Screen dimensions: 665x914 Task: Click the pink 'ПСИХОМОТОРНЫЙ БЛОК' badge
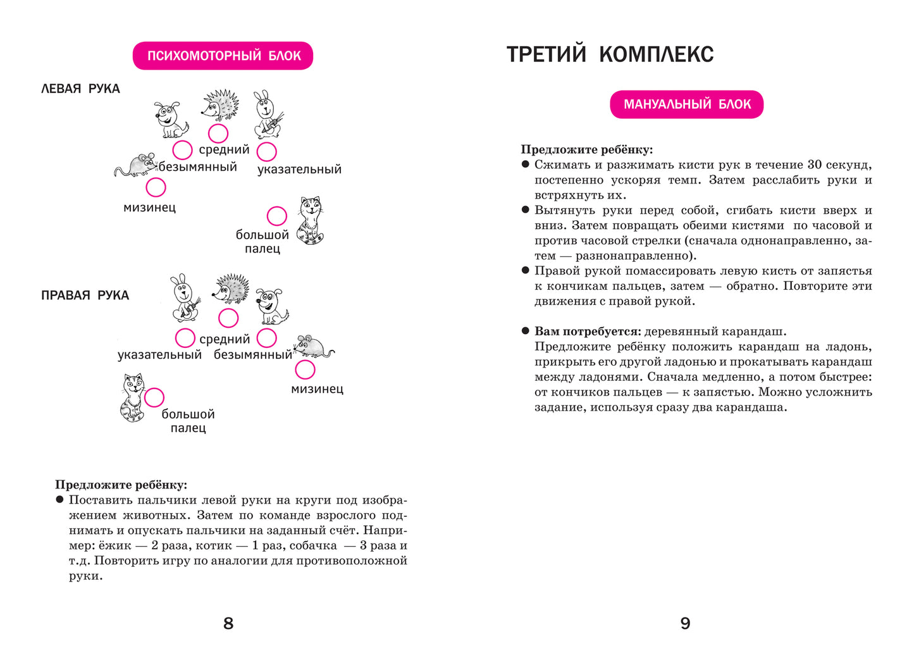tap(223, 56)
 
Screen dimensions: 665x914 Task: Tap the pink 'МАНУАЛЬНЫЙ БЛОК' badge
tap(686, 104)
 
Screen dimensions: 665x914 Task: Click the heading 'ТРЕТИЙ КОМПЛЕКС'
tap(610, 54)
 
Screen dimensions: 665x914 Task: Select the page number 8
tap(228, 623)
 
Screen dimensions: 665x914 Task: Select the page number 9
tap(685, 623)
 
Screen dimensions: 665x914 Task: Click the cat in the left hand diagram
tap(311, 220)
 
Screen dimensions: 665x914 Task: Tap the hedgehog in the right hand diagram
tap(230, 290)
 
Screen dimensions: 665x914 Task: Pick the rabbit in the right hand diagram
tap(184, 298)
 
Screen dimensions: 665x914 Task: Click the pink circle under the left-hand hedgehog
tap(218, 134)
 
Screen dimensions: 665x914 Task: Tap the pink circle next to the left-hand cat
tap(276, 216)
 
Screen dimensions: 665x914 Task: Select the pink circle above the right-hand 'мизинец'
tap(305, 370)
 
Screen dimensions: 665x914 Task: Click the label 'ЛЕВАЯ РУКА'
tap(80, 89)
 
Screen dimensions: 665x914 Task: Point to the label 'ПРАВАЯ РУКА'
tap(85, 295)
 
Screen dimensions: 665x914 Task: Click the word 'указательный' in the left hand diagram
tap(299, 169)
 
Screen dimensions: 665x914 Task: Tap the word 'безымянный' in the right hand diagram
tap(252, 355)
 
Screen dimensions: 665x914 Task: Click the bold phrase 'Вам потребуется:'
tap(588, 331)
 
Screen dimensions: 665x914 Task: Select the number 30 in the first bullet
tap(815, 165)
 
